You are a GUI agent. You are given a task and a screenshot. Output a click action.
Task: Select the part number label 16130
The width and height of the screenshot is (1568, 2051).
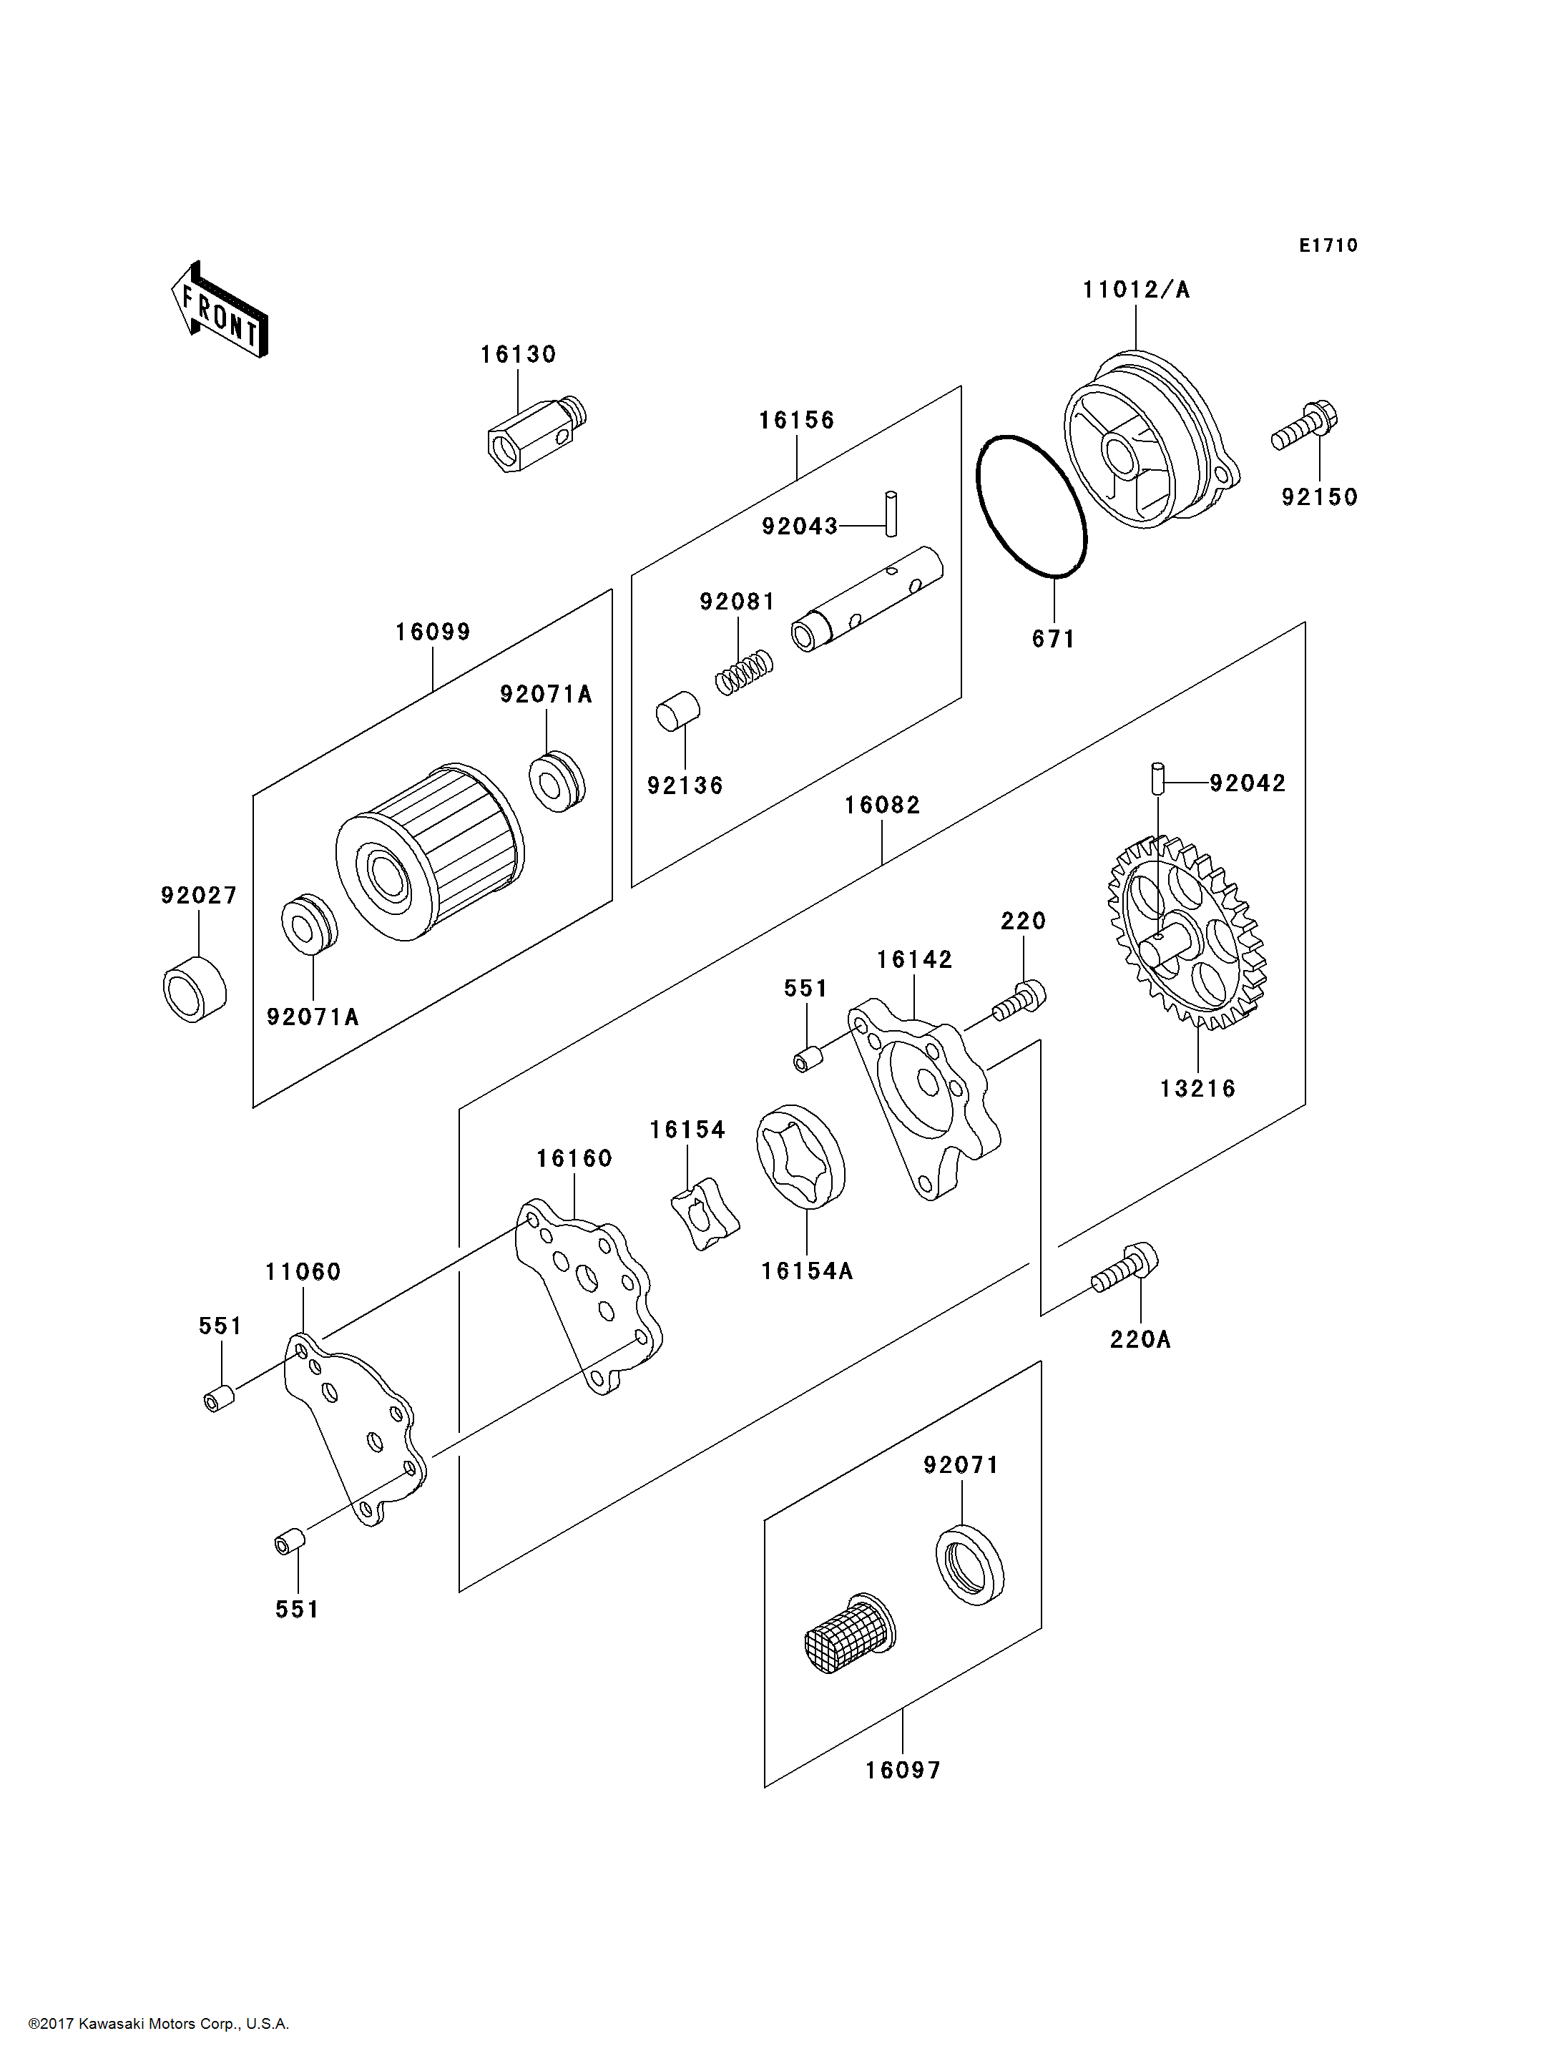(518, 355)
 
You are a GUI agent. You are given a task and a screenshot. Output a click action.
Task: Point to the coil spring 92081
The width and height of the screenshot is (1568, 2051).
(744, 671)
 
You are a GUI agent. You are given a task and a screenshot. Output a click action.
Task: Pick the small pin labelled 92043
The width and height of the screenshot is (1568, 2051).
(891, 514)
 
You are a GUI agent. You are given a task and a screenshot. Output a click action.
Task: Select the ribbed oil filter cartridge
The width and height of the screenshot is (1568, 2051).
(429, 851)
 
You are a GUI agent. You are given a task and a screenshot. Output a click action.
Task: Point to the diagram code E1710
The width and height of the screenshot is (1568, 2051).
(1328, 245)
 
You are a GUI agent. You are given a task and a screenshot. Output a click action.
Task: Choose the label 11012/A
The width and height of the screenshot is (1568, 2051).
(1136, 290)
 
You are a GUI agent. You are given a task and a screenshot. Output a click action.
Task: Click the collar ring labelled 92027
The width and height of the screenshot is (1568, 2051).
(194, 989)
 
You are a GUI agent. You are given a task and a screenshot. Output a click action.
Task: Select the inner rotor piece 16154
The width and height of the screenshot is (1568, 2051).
(705, 1215)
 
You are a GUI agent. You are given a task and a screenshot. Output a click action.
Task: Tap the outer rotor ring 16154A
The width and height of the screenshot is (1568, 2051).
(800, 1157)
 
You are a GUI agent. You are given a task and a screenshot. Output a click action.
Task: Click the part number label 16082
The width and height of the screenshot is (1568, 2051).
(882, 805)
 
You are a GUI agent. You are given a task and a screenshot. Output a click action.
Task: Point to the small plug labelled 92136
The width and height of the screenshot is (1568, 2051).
(677, 713)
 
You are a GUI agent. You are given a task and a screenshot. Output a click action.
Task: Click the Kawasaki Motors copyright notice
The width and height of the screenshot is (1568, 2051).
(159, 2023)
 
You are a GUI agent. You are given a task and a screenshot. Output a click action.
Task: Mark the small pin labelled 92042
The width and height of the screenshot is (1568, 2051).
(1157, 778)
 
